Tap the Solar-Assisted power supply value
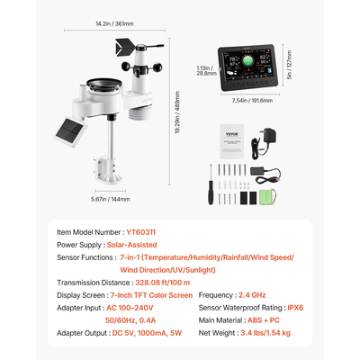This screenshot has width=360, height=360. click(x=132, y=244)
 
